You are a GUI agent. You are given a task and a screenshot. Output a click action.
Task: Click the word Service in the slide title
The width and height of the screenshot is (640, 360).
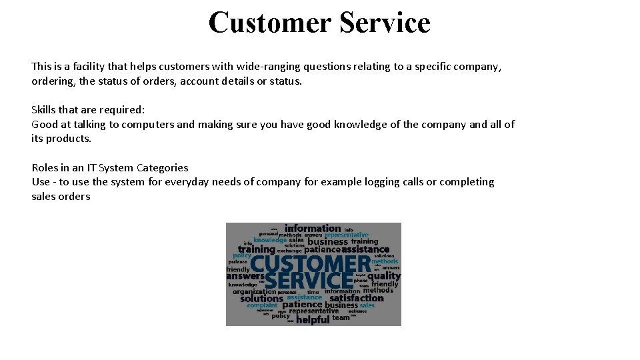(385, 22)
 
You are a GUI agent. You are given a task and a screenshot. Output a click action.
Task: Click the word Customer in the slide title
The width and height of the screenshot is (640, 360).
(270, 22)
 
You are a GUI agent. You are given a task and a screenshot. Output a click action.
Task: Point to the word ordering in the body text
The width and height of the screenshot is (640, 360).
(53, 81)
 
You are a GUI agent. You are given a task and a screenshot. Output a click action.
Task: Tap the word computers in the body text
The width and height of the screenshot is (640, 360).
(148, 125)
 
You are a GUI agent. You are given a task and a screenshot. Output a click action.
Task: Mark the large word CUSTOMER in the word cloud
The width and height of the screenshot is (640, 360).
(310, 264)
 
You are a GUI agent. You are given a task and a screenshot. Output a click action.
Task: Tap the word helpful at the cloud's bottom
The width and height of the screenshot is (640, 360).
(313, 320)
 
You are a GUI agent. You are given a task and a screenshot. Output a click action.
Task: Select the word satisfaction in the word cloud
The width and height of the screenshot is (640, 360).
(357, 298)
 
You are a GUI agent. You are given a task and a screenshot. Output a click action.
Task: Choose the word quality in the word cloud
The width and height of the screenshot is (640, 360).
(384, 276)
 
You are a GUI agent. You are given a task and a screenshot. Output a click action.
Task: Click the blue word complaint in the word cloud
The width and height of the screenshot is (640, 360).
(262, 306)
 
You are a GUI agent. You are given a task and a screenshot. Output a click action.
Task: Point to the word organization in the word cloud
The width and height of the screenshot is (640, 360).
(254, 291)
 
